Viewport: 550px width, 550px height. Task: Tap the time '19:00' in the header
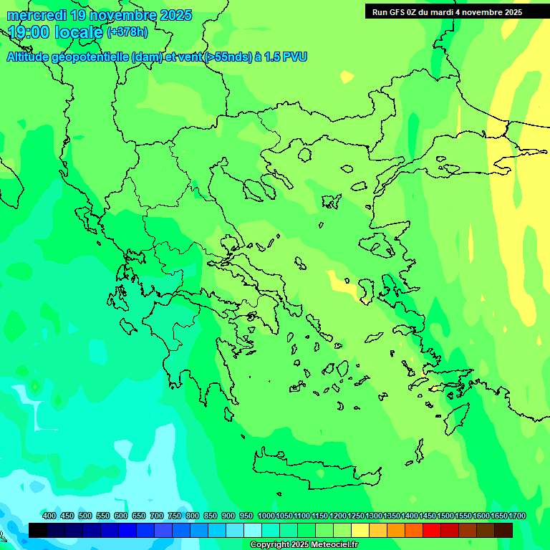click(x=29, y=32)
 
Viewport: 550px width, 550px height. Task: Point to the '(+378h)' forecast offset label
click(x=127, y=32)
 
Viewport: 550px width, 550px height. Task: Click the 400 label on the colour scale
click(x=49, y=516)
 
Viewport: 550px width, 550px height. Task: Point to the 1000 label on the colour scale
click(x=266, y=516)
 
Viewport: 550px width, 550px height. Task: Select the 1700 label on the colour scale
click(x=517, y=516)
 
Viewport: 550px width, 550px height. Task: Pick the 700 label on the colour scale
click(x=157, y=516)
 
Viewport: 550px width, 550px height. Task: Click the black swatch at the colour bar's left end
click(x=38, y=530)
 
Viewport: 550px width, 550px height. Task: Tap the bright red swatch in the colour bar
click(x=432, y=530)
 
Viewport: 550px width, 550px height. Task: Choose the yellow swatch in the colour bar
click(x=360, y=530)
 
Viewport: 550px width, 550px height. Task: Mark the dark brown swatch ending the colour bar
click(x=503, y=530)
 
